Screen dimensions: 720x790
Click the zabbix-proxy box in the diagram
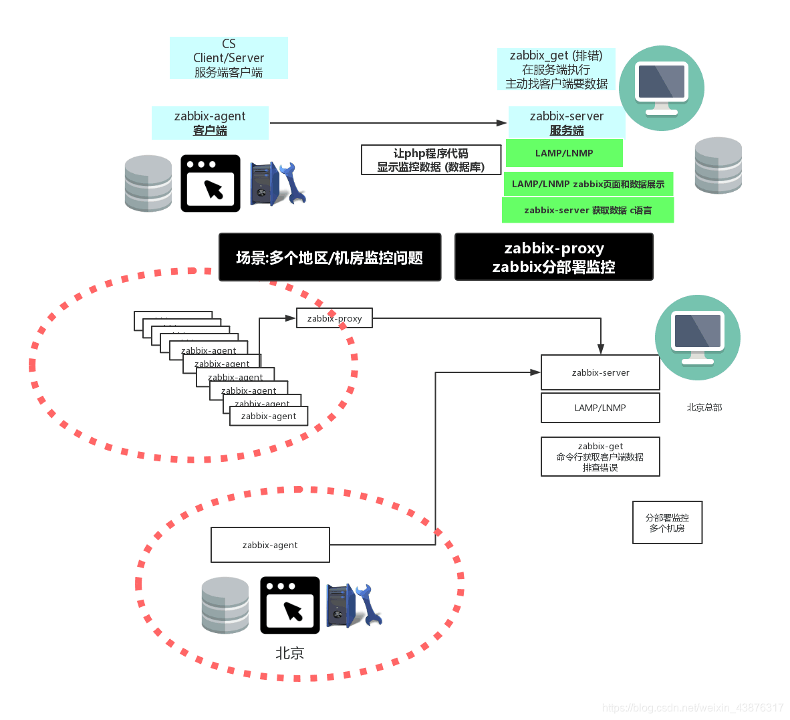[334, 318]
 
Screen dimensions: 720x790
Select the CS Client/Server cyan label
[229, 58]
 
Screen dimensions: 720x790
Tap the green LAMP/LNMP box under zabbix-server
[564, 153]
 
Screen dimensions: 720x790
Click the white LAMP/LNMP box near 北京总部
[600, 408]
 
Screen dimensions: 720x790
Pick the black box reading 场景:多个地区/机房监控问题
[330, 257]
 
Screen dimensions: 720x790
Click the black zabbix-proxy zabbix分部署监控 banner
[553, 257]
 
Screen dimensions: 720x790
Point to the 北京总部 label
[704, 407]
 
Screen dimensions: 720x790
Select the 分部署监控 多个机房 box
[667, 523]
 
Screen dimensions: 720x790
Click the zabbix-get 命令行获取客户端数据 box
[600, 457]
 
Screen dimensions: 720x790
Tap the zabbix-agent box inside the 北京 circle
[270, 545]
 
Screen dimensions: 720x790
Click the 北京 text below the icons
[289, 653]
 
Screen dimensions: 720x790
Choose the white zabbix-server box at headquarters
[600, 372]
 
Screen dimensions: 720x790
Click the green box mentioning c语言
[587, 210]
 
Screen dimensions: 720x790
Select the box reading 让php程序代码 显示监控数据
[430, 160]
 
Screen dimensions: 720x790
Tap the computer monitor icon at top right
[661, 88]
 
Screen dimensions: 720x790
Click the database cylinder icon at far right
[718, 165]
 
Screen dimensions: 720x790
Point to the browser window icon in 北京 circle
[289, 605]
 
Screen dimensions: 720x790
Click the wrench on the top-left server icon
[293, 182]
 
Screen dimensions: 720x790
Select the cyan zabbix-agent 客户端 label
[210, 123]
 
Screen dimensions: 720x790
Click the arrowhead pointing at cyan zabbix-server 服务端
[501, 123]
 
